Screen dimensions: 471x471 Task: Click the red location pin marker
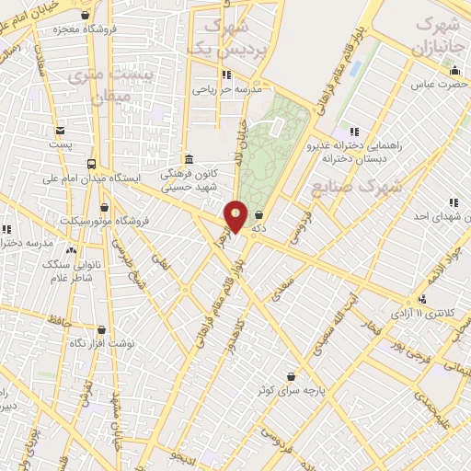(x=236, y=216)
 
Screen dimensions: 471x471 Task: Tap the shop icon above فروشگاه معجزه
(x=86, y=15)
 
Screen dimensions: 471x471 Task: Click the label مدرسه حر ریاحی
(x=227, y=90)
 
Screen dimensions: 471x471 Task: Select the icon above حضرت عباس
(x=454, y=71)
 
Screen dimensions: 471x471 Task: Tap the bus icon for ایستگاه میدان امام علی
(x=89, y=163)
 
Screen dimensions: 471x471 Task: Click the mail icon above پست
(x=60, y=131)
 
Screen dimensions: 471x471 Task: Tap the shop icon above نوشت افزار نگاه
(x=100, y=329)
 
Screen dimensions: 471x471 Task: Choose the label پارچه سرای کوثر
(x=292, y=390)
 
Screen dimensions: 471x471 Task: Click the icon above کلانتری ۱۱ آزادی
(x=422, y=298)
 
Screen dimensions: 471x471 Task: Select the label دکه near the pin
(x=260, y=227)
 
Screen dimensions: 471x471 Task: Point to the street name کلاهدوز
(x=242, y=328)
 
